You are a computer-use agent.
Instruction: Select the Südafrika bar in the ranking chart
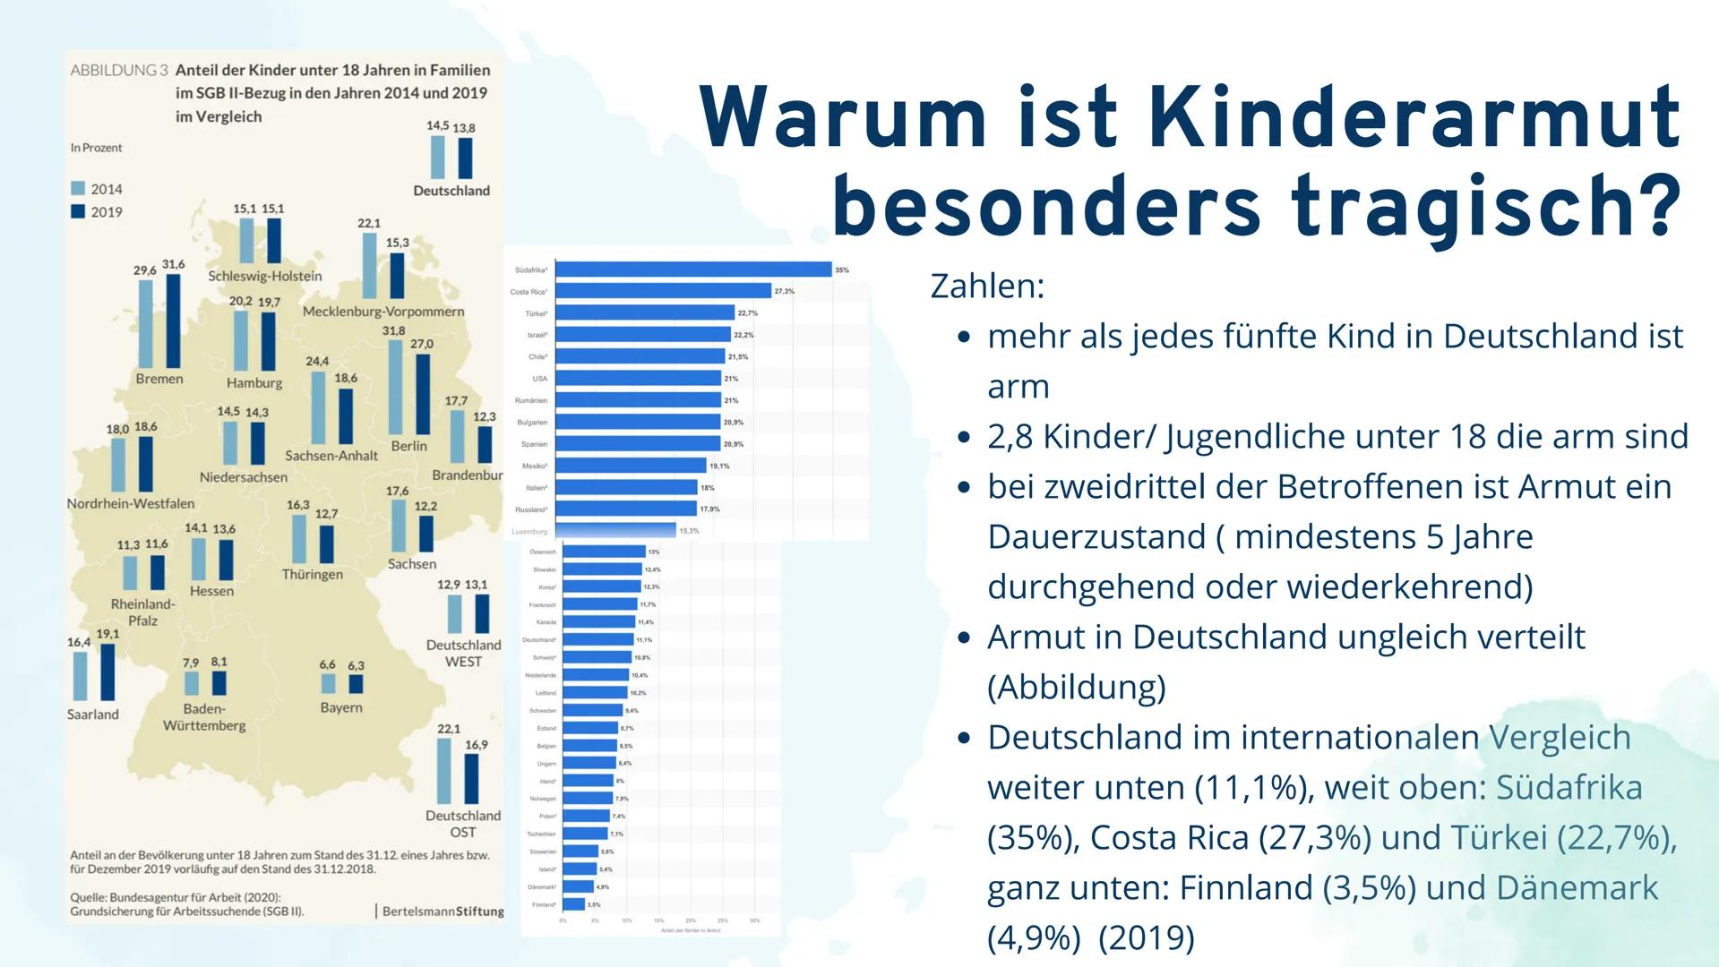pyautogui.click(x=694, y=270)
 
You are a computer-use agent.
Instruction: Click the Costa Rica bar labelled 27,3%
pyautogui.click(x=664, y=291)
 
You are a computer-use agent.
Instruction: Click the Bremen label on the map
pyautogui.click(x=159, y=379)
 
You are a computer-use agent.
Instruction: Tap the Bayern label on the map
pyautogui.click(x=341, y=707)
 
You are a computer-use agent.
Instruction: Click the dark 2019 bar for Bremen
pyautogui.click(x=174, y=320)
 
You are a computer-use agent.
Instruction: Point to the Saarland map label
pyautogui.click(x=92, y=714)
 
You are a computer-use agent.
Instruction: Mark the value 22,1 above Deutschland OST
pyautogui.click(x=448, y=729)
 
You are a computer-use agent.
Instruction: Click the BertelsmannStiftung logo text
pyautogui.click(x=443, y=911)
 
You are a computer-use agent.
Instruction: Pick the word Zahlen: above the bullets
pyautogui.click(x=987, y=287)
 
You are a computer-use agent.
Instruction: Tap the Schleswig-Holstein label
pyautogui.click(x=265, y=276)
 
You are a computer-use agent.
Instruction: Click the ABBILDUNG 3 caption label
pyautogui.click(x=119, y=71)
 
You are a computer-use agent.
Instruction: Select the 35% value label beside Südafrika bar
pyautogui.click(x=841, y=270)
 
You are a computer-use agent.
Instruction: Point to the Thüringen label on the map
pyautogui.click(x=312, y=574)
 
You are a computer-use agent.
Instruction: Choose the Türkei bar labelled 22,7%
pyautogui.click(x=645, y=313)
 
